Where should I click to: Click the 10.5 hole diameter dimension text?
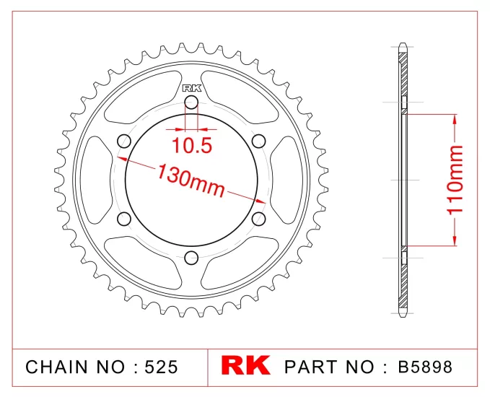click(191, 147)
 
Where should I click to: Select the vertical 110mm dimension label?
click(454, 180)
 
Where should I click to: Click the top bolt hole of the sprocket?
click(191, 102)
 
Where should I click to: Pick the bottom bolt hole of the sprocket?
click(191, 257)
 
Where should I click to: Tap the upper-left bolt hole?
click(123, 141)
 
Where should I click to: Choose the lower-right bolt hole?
click(259, 218)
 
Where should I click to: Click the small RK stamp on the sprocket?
click(191, 88)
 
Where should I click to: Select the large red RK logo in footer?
click(245, 366)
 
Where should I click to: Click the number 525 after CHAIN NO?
click(160, 367)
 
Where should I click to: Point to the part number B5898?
click(426, 367)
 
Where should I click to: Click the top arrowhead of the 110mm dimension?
click(454, 120)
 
